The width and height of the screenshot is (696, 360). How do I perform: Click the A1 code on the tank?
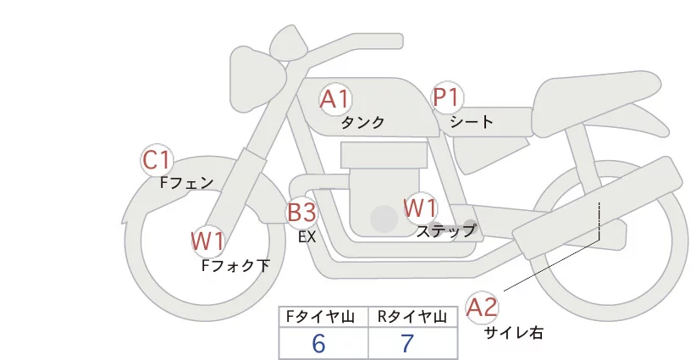click(335, 100)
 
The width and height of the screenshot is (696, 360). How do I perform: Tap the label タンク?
click(362, 123)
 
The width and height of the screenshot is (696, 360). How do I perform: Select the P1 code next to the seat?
click(445, 98)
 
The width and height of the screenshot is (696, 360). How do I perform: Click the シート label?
click(472, 122)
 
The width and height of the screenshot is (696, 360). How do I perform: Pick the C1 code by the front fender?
click(157, 159)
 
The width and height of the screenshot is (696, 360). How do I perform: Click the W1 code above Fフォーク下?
click(208, 241)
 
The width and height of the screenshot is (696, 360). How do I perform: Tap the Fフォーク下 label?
click(235, 265)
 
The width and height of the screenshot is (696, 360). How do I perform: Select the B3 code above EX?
click(301, 212)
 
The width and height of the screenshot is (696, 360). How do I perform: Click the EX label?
click(307, 237)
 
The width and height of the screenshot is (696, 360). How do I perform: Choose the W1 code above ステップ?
click(420, 207)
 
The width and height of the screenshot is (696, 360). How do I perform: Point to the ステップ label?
click(446, 230)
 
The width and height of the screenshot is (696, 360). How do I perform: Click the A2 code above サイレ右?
click(483, 307)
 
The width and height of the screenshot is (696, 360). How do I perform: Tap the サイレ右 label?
click(514, 333)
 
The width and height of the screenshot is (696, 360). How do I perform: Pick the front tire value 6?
click(318, 344)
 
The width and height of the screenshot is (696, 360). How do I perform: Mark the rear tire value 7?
click(407, 344)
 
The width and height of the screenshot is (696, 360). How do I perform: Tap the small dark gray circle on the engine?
click(384, 219)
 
